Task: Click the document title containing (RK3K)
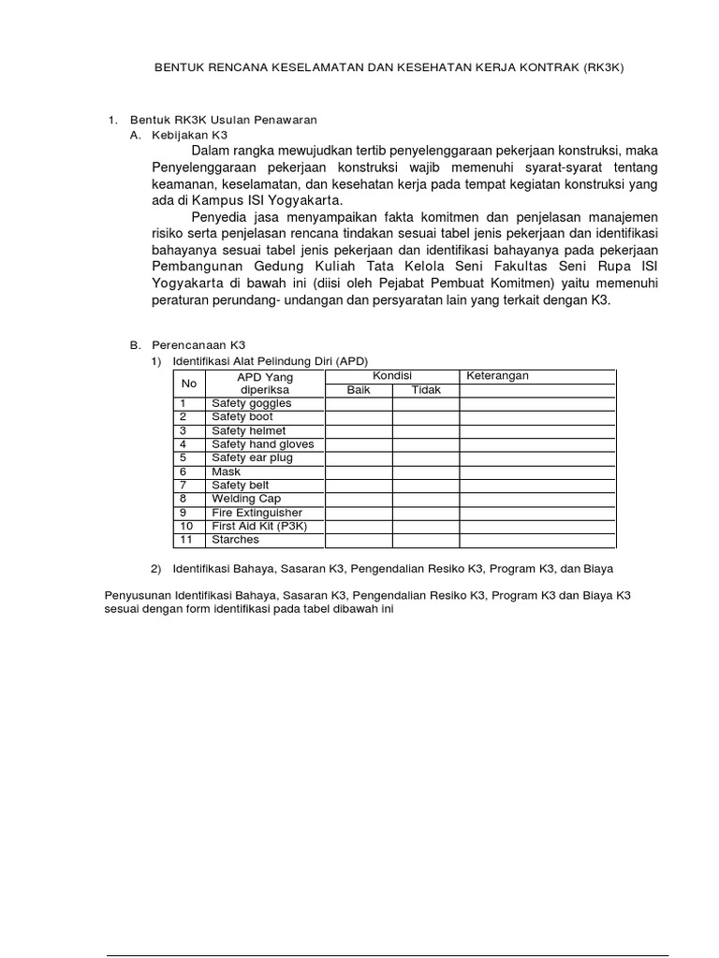[389, 68]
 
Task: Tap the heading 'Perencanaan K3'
[197, 344]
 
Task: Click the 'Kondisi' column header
[392, 376]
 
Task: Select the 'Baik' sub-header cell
[359, 390]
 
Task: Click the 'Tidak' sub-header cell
[425, 390]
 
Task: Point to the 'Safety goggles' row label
[251, 403]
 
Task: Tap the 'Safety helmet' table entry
[248, 430]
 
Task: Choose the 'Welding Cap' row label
[245, 500]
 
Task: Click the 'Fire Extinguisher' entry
[257, 513]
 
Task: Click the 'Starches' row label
[235, 541]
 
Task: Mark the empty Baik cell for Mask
[359, 472]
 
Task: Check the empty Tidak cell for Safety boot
[425, 417]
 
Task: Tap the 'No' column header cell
[189, 383]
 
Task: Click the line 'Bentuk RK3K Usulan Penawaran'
[224, 120]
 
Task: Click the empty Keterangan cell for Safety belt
[536, 486]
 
